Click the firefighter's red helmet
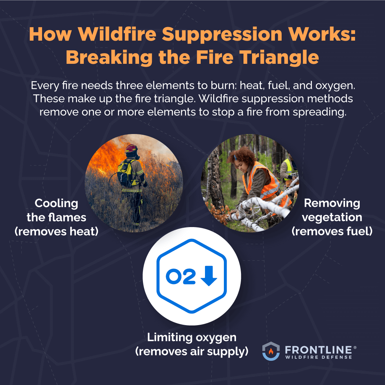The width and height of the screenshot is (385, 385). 131,148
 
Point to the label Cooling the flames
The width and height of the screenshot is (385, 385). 56,210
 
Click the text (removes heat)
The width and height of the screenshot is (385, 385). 56,232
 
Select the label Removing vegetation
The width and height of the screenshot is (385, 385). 332,210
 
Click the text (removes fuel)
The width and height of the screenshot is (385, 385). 332,232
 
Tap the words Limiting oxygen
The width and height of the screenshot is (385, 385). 192,337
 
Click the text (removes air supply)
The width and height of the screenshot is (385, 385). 192,351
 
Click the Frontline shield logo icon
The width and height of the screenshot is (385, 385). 271,351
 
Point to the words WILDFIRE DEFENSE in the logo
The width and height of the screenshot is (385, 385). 318,357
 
